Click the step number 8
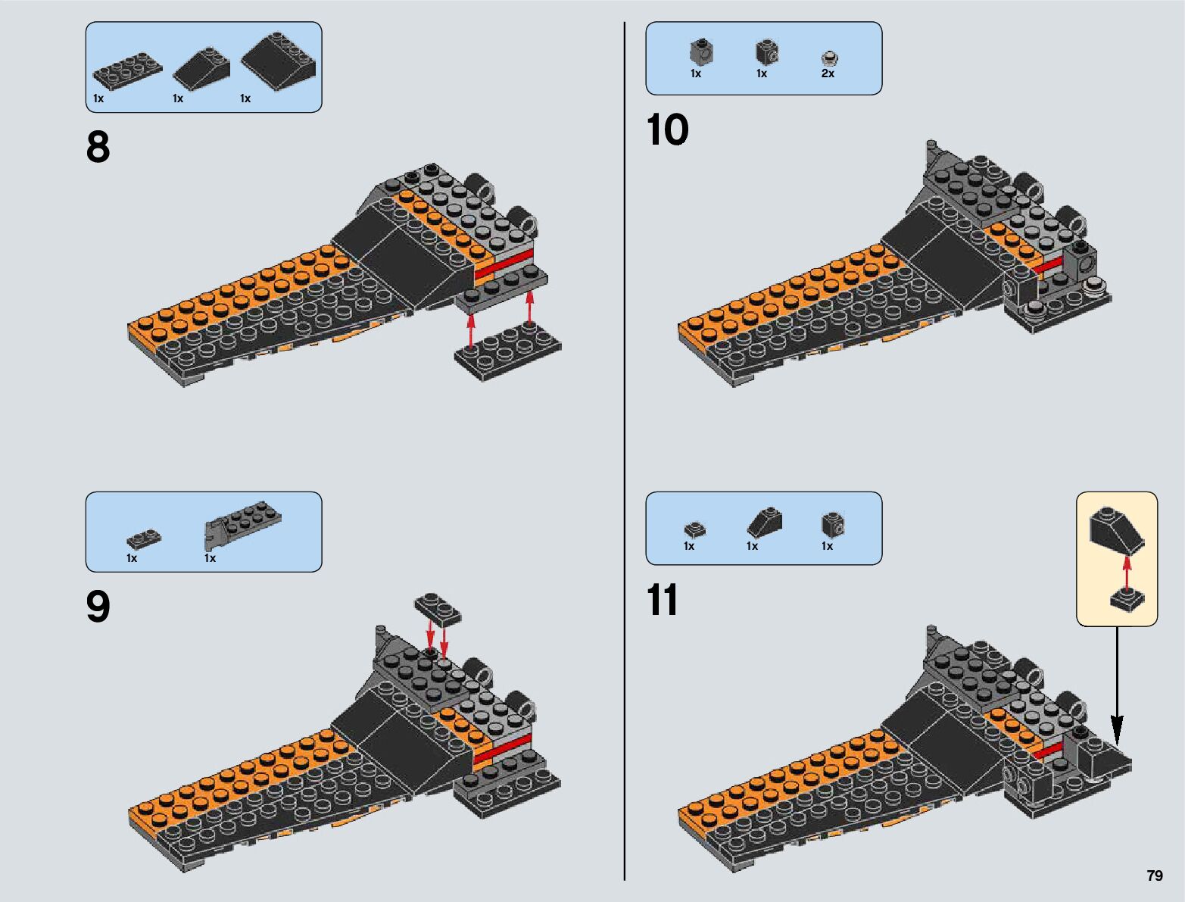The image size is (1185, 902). (98, 148)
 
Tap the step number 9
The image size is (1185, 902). (98, 607)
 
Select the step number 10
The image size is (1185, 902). (667, 130)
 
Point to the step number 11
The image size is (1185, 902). (663, 601)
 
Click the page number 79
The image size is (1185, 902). (1154, 875)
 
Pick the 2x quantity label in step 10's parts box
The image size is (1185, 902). (828, 73)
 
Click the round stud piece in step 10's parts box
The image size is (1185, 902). (830, 58)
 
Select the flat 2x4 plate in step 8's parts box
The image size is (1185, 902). (127, 70)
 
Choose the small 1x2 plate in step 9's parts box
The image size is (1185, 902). (144, 538)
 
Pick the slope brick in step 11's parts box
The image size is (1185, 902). (765, 521)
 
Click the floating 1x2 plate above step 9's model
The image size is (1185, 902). (438, 608)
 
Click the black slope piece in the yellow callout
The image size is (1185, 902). (1117, 531)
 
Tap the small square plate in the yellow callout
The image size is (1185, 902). (1127, 600)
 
